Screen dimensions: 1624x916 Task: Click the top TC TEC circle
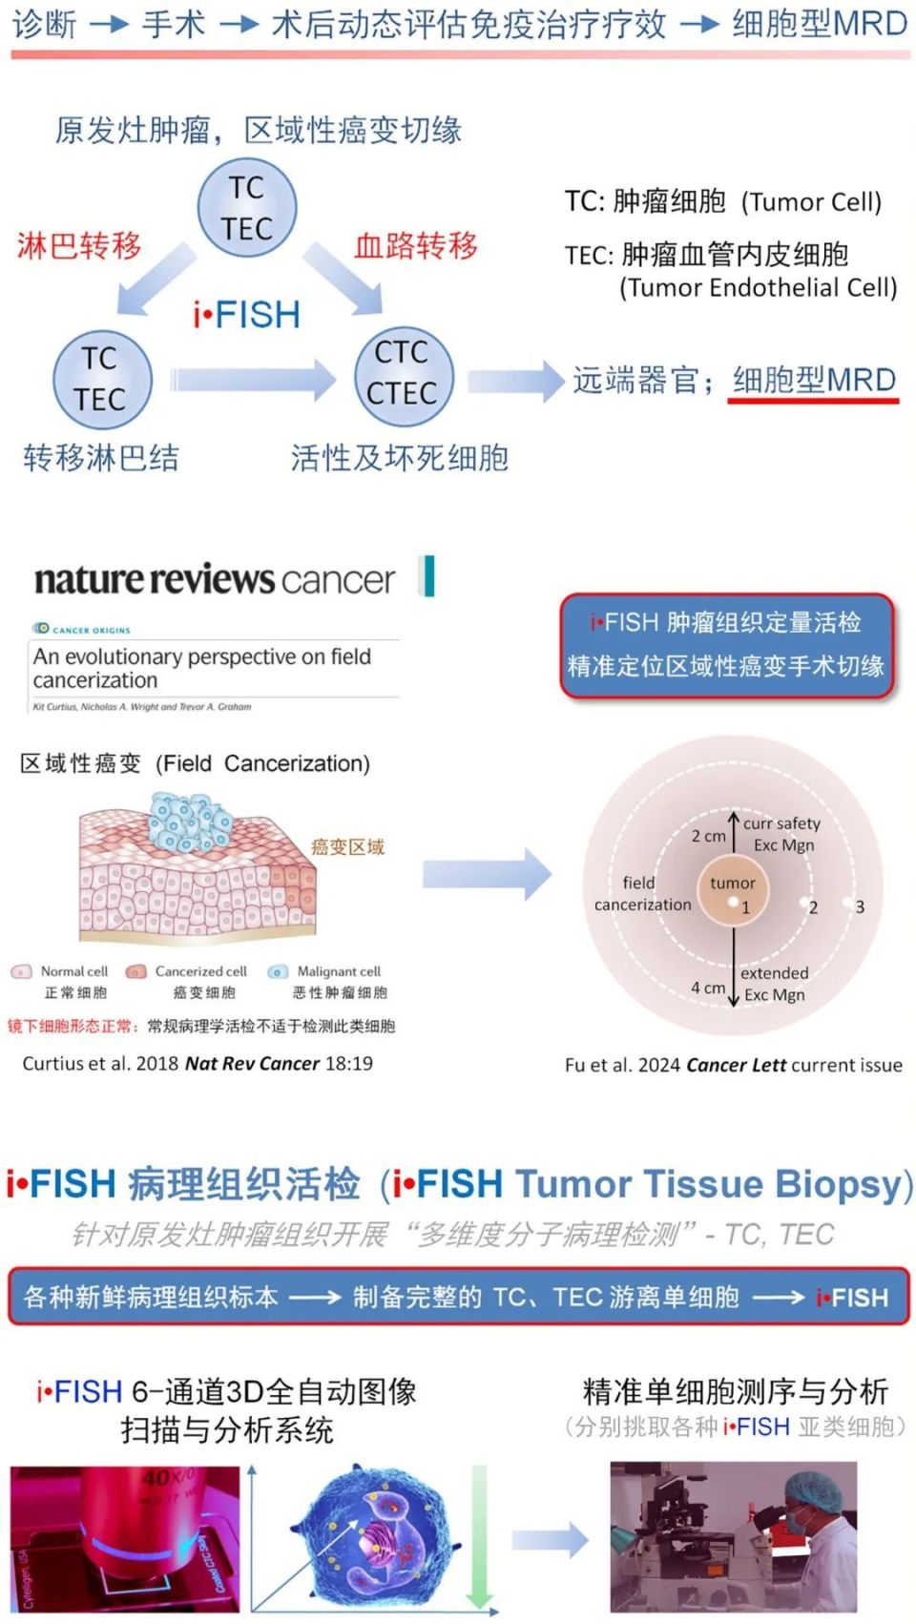pos(247,208)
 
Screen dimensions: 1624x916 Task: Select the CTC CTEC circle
pos(403,373)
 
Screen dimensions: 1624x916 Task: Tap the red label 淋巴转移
pos(79,245)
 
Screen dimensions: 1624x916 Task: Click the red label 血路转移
pos(416,245)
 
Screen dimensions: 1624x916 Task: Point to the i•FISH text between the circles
pos(247,314)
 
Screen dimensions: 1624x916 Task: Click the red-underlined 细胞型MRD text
pos(814,380)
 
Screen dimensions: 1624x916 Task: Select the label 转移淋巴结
pos(101,458)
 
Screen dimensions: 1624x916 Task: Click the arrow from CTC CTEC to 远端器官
pos(515,381)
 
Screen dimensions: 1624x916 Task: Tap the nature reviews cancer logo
pos(215,579)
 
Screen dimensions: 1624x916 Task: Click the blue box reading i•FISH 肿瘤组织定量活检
pos(726,645)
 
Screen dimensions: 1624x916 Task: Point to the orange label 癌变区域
pos(347,846)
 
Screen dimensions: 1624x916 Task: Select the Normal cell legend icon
pos(21,972)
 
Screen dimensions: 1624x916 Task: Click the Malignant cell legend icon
pos(278,972)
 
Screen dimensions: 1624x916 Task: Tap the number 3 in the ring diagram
pos(860,906)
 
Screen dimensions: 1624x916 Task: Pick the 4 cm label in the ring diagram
pos(708,988)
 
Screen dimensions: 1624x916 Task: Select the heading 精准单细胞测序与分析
pos(736,1391)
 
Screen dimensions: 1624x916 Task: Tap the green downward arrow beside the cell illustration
pos(480,1536)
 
